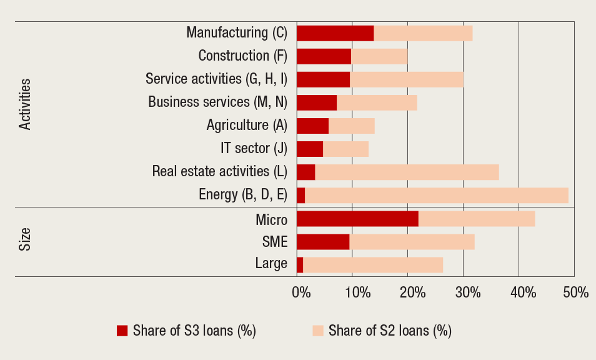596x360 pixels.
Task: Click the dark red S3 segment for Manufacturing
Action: coord(335,33)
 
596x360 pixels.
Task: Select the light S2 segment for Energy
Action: coord(436,195)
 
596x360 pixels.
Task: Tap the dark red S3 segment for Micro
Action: coord(357,219)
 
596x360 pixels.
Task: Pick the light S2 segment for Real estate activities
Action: coord(407,172)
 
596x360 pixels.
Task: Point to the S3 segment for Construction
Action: coord(324,56)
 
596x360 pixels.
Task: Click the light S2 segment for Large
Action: coord(373,264)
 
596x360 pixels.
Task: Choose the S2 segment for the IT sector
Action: coord(345,149)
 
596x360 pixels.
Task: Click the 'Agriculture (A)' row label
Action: coord(247,125)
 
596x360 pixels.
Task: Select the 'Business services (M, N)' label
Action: coord(217,102)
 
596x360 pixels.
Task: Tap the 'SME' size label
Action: coord(275,242)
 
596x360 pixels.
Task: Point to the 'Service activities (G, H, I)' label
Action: coord(216,79)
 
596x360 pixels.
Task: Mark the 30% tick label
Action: coord(467,292)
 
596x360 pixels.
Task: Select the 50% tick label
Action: coord(575,292)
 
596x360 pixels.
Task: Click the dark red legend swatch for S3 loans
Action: coord(122,331)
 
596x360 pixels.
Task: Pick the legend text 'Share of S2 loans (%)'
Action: coord(390,331)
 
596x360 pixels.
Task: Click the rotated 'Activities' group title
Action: coord(25,104)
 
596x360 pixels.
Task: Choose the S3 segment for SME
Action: coord(323,242)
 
